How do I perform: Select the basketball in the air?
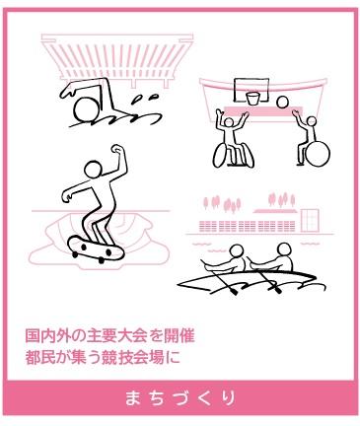[281, 103]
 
